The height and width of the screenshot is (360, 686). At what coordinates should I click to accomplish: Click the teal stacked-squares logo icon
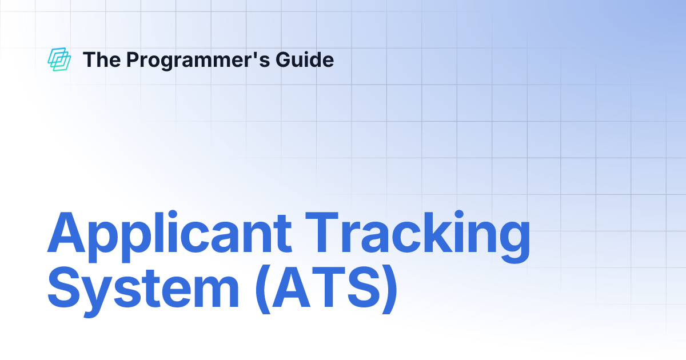59,59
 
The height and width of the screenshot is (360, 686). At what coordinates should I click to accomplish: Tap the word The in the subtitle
101,59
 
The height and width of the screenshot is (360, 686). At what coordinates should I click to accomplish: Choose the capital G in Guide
287,59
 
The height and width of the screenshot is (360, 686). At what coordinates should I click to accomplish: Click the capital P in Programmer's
133,59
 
